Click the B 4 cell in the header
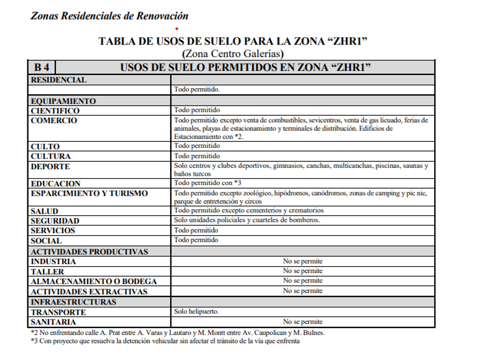click(42, 67)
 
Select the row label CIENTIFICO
click(55, 110)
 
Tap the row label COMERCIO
click(54, 121)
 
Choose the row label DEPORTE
click(50, 166)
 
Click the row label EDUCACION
click(55, 184)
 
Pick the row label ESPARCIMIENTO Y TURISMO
click(89, 194)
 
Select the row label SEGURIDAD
click(55, 221)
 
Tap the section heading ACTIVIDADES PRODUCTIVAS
click(90, 251)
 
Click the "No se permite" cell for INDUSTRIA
click(303, 261)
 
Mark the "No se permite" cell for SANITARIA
click(303, 322)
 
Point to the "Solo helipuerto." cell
click(197, 312)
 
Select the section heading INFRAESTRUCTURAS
click(74, 302)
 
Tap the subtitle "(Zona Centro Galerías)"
click(233, 54)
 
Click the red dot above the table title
click(177, 28)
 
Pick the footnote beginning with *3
click(165, 341)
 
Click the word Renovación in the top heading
click(162, 15)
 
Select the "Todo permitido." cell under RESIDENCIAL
click(197, 90)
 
